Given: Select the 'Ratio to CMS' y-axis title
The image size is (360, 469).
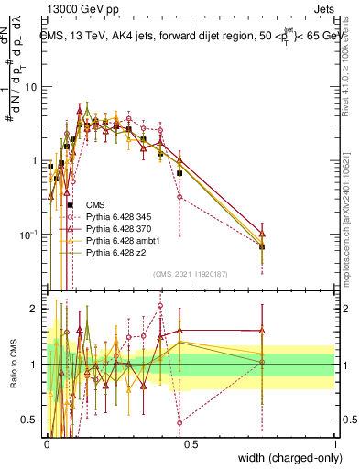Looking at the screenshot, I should [13, 366].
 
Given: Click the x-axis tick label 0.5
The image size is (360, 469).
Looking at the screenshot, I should [191, 443].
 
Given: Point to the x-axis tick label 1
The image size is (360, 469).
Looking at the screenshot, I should [335, 443].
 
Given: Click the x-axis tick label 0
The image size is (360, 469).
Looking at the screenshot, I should [47, 443].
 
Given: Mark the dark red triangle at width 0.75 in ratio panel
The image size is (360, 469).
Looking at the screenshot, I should [263, 331].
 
